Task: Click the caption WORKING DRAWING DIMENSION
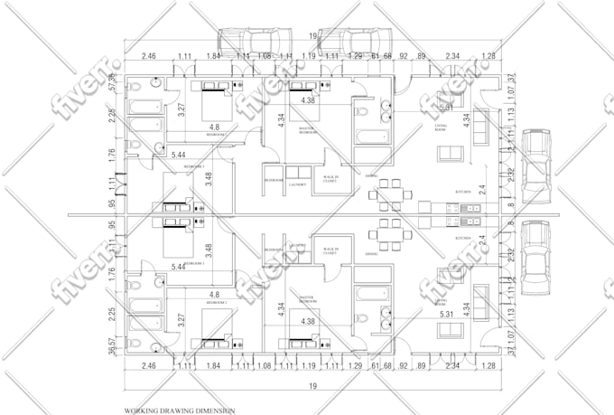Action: pos(180,410)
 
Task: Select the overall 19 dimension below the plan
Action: pos(312,387)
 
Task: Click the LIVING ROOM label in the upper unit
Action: pos(442,127)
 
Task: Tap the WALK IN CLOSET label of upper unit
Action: pos(330,179)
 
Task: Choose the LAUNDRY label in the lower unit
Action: pos(299,245)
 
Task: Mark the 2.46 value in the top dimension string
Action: pos(149,56)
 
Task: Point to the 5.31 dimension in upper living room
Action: pos(444,108)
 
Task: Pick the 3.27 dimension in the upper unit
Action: pos(181,110)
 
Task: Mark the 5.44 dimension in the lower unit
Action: pos(179,268)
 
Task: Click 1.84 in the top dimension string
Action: pos(213,56)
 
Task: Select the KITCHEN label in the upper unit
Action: pos(462,192)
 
